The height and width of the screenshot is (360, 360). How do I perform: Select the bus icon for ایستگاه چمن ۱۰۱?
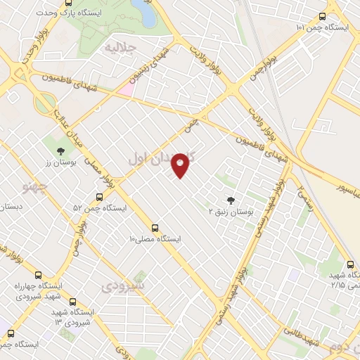323,16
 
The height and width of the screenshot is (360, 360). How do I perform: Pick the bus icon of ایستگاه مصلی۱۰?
155,228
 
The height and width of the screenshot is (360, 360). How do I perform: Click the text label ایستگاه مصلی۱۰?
155,239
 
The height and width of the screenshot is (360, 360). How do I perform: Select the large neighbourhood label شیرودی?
122,287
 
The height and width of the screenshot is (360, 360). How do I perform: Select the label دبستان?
11,207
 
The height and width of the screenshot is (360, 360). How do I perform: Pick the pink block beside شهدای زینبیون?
125,89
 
